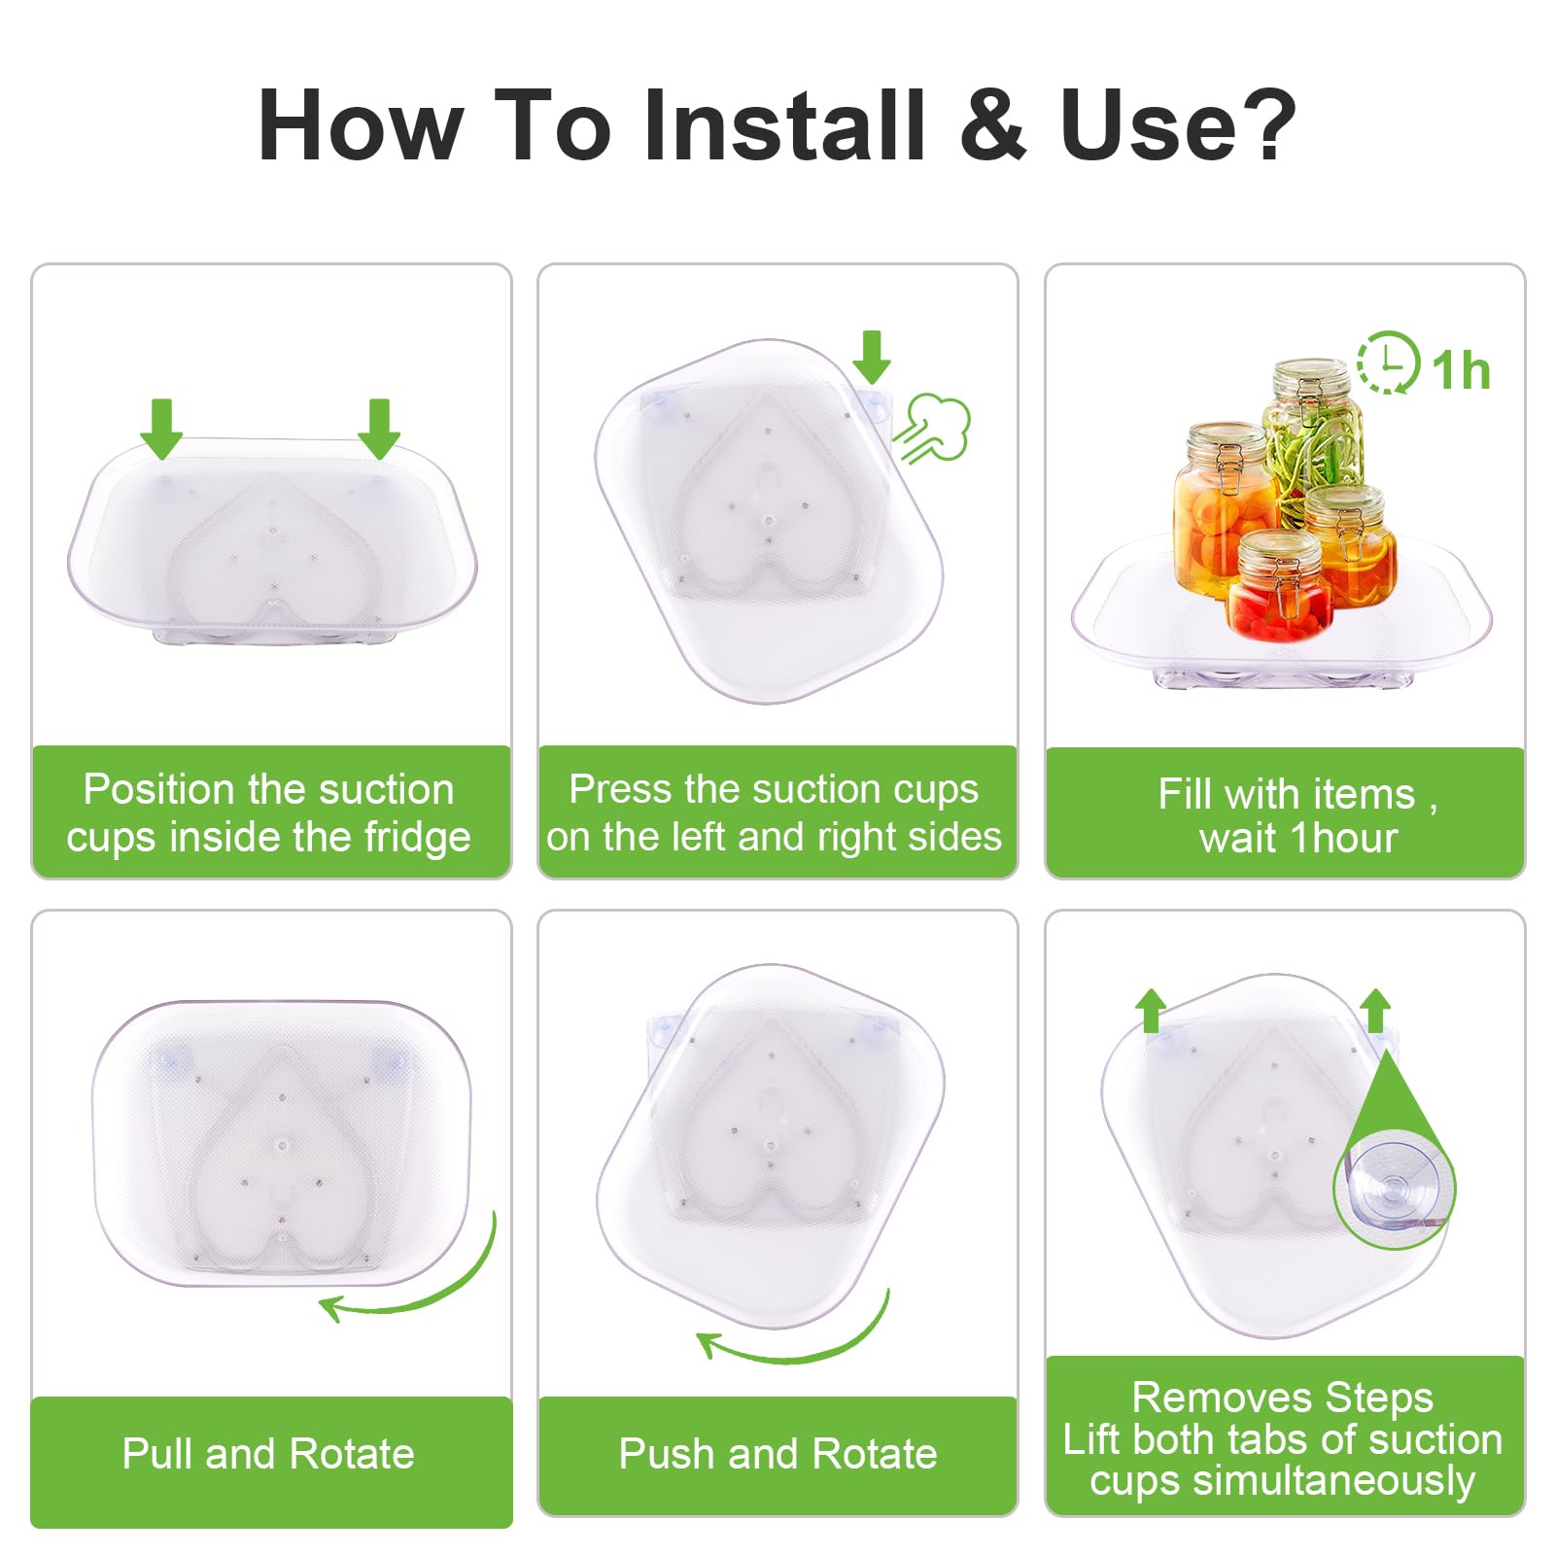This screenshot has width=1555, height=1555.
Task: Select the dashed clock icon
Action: [x=1388, y=363]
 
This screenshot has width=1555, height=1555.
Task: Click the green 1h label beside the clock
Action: [x=1461, y=370]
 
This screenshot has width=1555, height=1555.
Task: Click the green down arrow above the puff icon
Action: [x=872, y=357]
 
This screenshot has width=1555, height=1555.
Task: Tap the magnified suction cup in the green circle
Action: [x=1395, y=1188]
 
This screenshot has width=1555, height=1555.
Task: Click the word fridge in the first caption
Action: [x=417, y=838]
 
